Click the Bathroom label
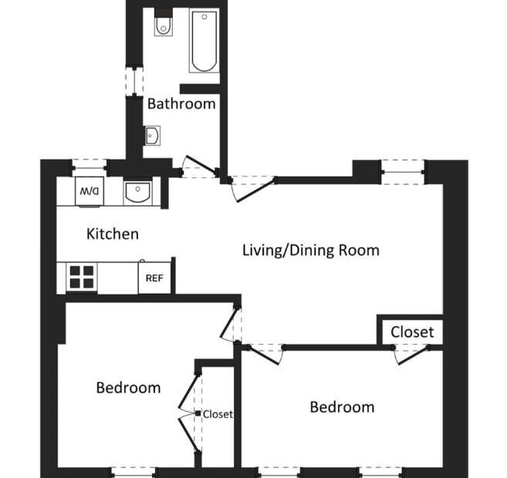tap(181, 104)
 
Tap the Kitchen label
tap(113, 234)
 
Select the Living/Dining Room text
tap(311, 251)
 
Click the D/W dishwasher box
tap(90, 191)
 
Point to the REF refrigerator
tap(154, 278)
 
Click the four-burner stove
tap(82, 277)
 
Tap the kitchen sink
tap(137, 191)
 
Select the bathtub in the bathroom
tap(204, 40)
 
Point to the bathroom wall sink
tap(152, 136)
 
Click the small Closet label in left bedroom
tap(218, 414)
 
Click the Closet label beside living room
tap(412, 332)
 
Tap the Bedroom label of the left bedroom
tap(128, 388)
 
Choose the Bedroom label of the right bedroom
tap(342, 407)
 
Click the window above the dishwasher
tap(90, 168)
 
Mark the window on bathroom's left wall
tap(134, 82)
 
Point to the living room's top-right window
tap(403, 173)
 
